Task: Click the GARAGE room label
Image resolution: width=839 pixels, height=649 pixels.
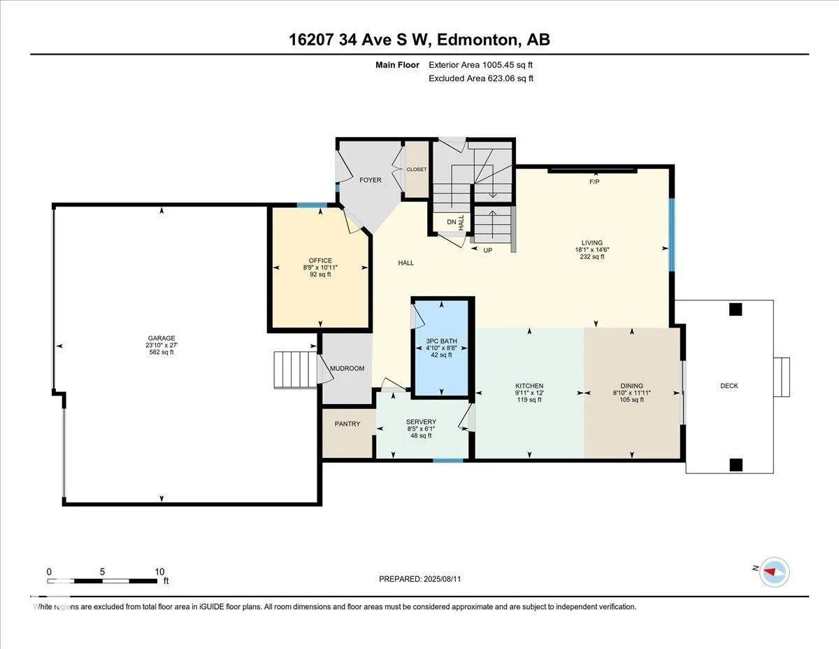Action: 162,338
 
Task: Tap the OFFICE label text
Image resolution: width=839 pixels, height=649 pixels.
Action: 320,260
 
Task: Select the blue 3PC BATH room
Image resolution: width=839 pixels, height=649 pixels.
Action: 441,348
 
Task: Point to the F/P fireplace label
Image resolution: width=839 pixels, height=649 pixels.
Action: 594,181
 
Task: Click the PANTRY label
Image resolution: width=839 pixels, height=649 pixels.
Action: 347,424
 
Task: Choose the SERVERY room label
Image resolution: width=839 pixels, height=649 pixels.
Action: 421,421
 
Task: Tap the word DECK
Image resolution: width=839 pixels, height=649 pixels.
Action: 729,386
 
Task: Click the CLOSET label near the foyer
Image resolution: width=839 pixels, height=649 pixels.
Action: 417,169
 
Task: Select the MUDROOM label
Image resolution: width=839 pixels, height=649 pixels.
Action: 347,368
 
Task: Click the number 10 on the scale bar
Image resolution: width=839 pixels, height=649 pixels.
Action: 159,572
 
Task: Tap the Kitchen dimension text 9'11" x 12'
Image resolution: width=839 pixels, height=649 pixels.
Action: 529,393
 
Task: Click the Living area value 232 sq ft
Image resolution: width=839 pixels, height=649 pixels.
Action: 592,257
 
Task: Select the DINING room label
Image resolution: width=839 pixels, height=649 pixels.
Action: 631,386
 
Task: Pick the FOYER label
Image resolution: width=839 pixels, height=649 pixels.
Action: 371,180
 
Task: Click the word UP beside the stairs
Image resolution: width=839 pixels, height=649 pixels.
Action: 487,251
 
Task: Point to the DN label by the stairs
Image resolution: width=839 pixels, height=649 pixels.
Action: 452,222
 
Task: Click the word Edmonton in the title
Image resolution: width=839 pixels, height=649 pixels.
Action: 477,40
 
